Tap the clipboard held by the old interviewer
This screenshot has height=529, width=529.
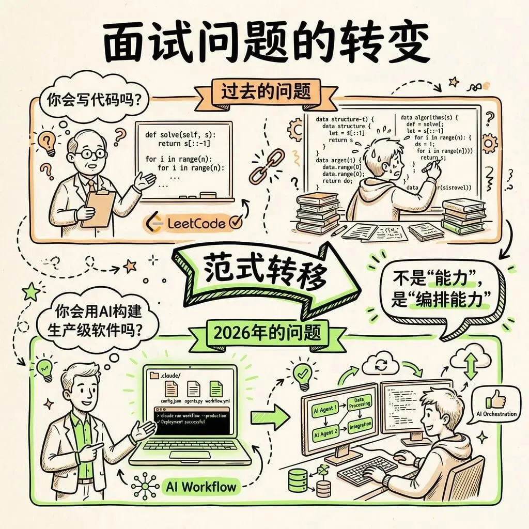(98, 207)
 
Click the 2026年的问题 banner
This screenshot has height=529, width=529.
(268, 331)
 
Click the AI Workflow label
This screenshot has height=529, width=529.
(202, 486)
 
